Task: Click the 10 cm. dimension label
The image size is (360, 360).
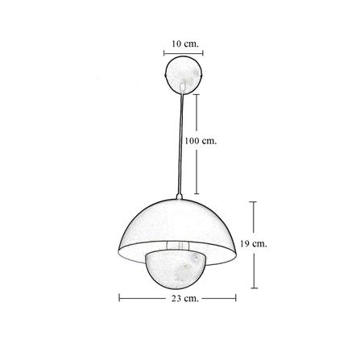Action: (x=185, y=43)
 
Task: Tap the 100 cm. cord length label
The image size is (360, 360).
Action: (x=201, y=141)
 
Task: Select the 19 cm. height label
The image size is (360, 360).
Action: (x=254, y=244)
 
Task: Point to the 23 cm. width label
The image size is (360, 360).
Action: (x=185, y=298)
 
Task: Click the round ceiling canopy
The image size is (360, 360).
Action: (x=184, y=75)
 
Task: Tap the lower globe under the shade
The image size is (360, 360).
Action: (x=176, y=272)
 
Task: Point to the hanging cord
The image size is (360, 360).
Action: (x=180, y=143)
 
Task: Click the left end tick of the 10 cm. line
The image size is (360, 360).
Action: (x=164, y=53)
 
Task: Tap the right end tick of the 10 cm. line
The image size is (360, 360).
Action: (x=203, y=53)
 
